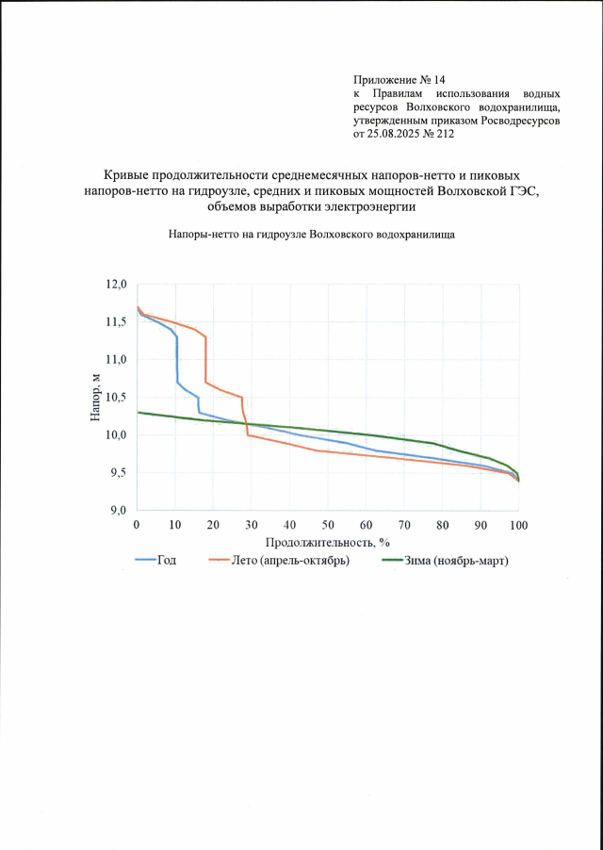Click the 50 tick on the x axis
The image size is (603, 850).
coord(328,524)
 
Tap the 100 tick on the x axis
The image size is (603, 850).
coord(518,524)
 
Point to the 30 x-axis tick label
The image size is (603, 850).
coord(252,524)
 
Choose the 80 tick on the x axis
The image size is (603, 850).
coord(443,524)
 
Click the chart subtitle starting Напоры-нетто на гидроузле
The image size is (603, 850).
coord(312,235)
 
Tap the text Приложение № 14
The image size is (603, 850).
coord(398,81)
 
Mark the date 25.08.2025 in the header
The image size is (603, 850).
coord(398,135)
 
